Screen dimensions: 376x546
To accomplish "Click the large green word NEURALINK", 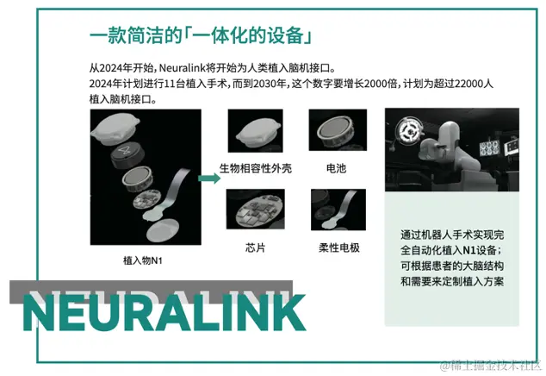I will (164, 312).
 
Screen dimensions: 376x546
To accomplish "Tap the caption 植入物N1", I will (145, 259).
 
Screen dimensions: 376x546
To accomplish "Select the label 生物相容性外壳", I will (256, 168).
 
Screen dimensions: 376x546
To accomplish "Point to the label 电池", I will (336, 168).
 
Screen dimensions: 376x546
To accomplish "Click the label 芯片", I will (256, 248).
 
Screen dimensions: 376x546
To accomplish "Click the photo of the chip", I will (255, 211).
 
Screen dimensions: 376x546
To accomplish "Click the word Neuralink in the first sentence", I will (183, 67).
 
